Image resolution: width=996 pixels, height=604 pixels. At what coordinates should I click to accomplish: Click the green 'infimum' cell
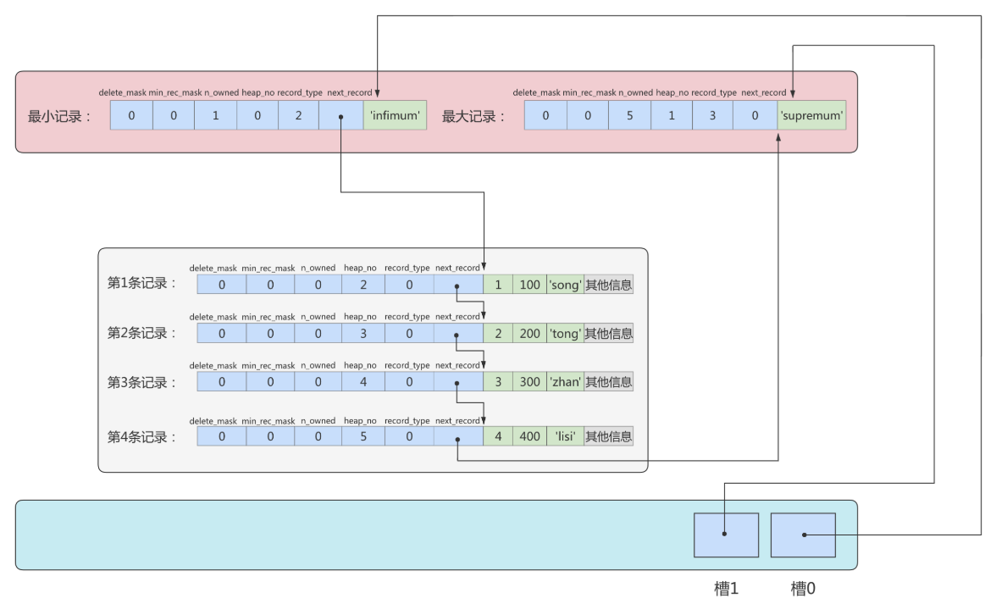(x=395, y=115)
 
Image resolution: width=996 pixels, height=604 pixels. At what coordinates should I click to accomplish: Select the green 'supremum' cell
(x=811, y=115)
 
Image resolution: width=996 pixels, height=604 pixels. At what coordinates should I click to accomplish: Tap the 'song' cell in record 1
(x=565, y=285)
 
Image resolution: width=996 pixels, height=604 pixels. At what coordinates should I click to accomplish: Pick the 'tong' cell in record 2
(x=565, y=334)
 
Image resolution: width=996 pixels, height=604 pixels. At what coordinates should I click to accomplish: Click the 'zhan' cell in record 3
(x=565, y=382)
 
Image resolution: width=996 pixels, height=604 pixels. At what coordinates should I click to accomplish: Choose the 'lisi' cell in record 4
(x=565, y=436)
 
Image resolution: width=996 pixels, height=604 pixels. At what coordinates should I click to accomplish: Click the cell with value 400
(x=530, y=436)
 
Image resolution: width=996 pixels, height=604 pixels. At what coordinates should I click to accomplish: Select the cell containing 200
(x=530, y=334)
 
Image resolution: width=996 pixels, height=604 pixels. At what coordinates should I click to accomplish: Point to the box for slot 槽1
(x=726, y=535)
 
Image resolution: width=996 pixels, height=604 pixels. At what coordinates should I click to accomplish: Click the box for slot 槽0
(x=803, y=535)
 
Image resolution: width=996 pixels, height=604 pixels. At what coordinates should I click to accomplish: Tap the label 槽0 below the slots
(x=803, y=589)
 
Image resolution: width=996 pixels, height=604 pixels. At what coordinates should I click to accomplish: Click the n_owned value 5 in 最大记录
(x=629, y=115)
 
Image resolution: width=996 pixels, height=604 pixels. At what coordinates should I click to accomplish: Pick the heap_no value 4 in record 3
(x=363, y=382)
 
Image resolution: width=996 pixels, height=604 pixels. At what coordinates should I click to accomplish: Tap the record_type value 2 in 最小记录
(x=298, y=115)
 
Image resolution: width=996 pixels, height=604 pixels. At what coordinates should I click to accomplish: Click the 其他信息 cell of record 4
(x=608, y=436)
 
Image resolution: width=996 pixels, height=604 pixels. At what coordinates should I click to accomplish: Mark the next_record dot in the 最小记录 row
(x=341, y=117)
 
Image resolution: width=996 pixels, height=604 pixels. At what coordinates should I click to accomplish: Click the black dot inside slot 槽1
(x=724, y=535)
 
